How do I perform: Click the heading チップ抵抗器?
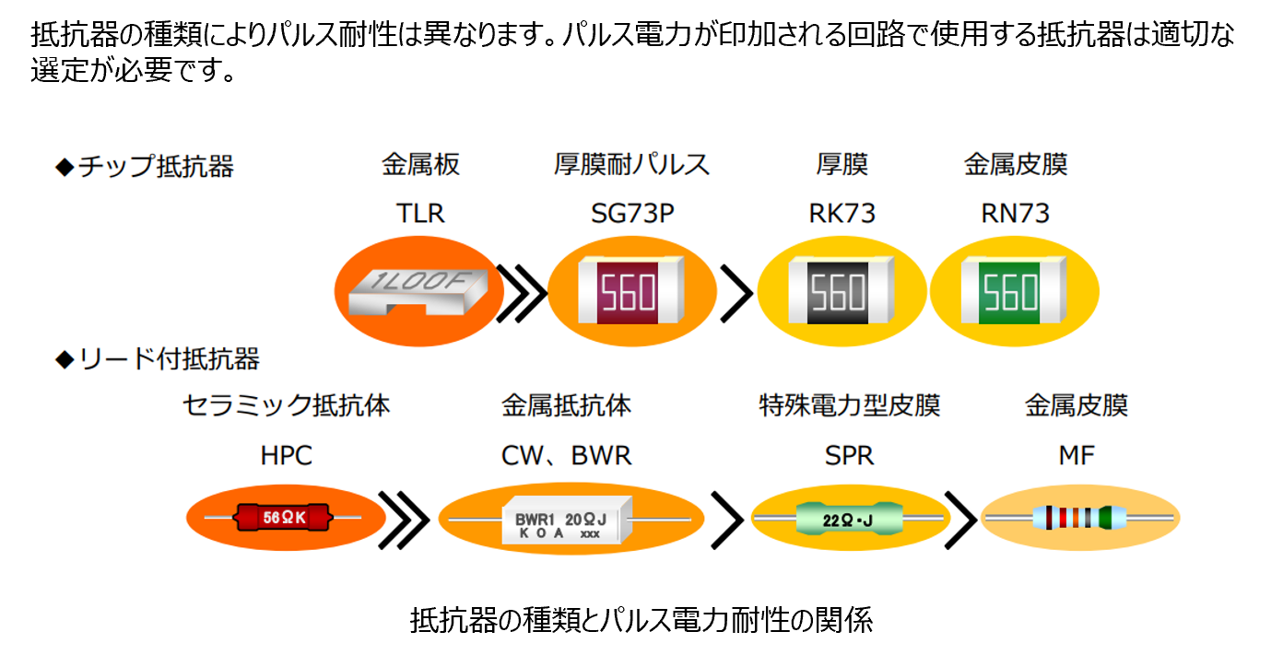[146, 167]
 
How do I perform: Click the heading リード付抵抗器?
[158, 358]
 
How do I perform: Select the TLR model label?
[420, 214]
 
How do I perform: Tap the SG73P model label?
[632, 214]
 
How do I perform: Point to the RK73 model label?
[842, 214]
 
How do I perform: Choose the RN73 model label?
[1015, 214]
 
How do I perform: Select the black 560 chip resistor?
[840, 292]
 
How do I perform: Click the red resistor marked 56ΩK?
[284, 518]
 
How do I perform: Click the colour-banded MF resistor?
[1077, 519]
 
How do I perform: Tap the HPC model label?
[286, 455]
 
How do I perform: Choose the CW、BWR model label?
[567, 455]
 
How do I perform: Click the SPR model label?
[849, 455]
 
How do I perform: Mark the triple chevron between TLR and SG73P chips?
[522, 294]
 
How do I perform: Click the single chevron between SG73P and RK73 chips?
[736, 294]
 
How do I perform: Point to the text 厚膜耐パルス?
[632, 165]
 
